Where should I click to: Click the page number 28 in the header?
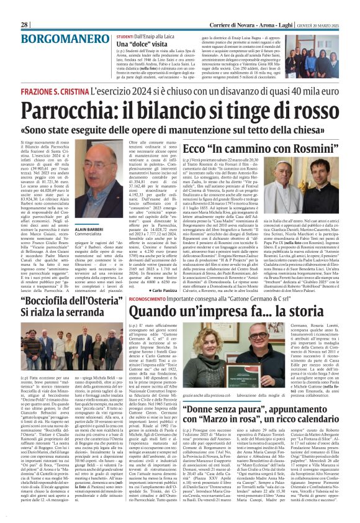point(24,7)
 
